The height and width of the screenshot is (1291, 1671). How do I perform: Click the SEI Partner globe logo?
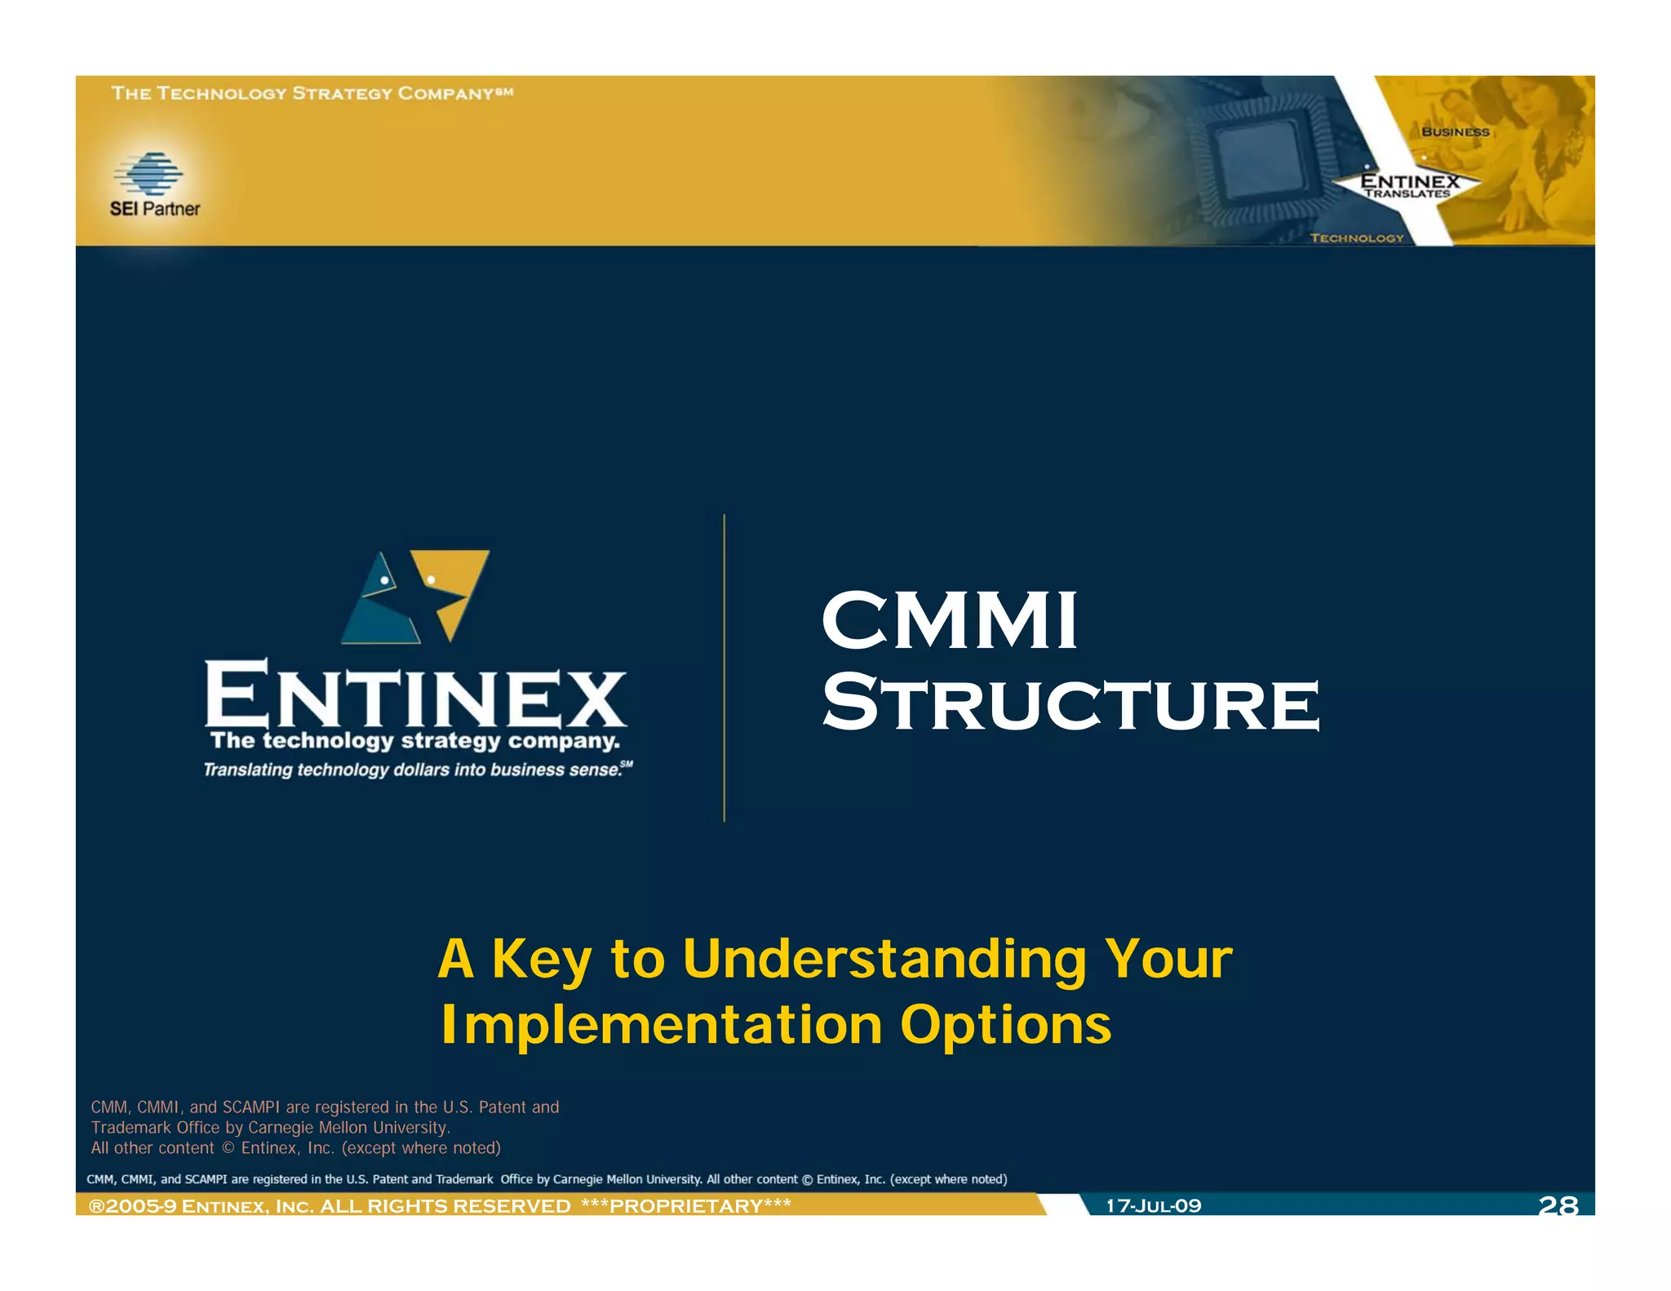pyautogui.click(x=149, y=173)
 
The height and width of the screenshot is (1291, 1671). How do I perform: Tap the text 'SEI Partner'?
pyautogui.click(x=154, y=209)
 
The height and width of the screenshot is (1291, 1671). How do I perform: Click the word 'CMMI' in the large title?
pyautogui.click(x=949, y=621)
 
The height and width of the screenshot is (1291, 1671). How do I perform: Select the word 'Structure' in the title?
pyautogui.click(x=1070, y=703)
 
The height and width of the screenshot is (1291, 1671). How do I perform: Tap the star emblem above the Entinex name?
pyautogui.click(x=415, y=597)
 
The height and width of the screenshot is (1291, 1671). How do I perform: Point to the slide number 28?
pyautogui.click(x=1558, y=1204)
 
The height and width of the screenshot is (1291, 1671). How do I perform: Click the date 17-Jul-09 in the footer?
pyautogui.click(x=1153, y=1205)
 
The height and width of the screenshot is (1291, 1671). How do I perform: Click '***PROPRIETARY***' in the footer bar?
pyautogui.click(x=685, y=1205)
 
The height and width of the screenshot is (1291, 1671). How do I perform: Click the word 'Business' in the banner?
pyautogui.click(x=1455, y=131)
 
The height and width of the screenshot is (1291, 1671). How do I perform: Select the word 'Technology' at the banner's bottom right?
pyautogui.click(x=1357, y=237)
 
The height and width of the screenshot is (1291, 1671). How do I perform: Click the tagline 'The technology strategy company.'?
pyautogui.click(x=414, y=741)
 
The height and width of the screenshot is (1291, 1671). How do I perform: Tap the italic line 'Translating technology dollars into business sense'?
pyautogui.click(x=412, y=770)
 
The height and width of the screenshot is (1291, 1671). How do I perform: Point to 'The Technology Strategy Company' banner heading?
pyautogui.click(x=312, y=93)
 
